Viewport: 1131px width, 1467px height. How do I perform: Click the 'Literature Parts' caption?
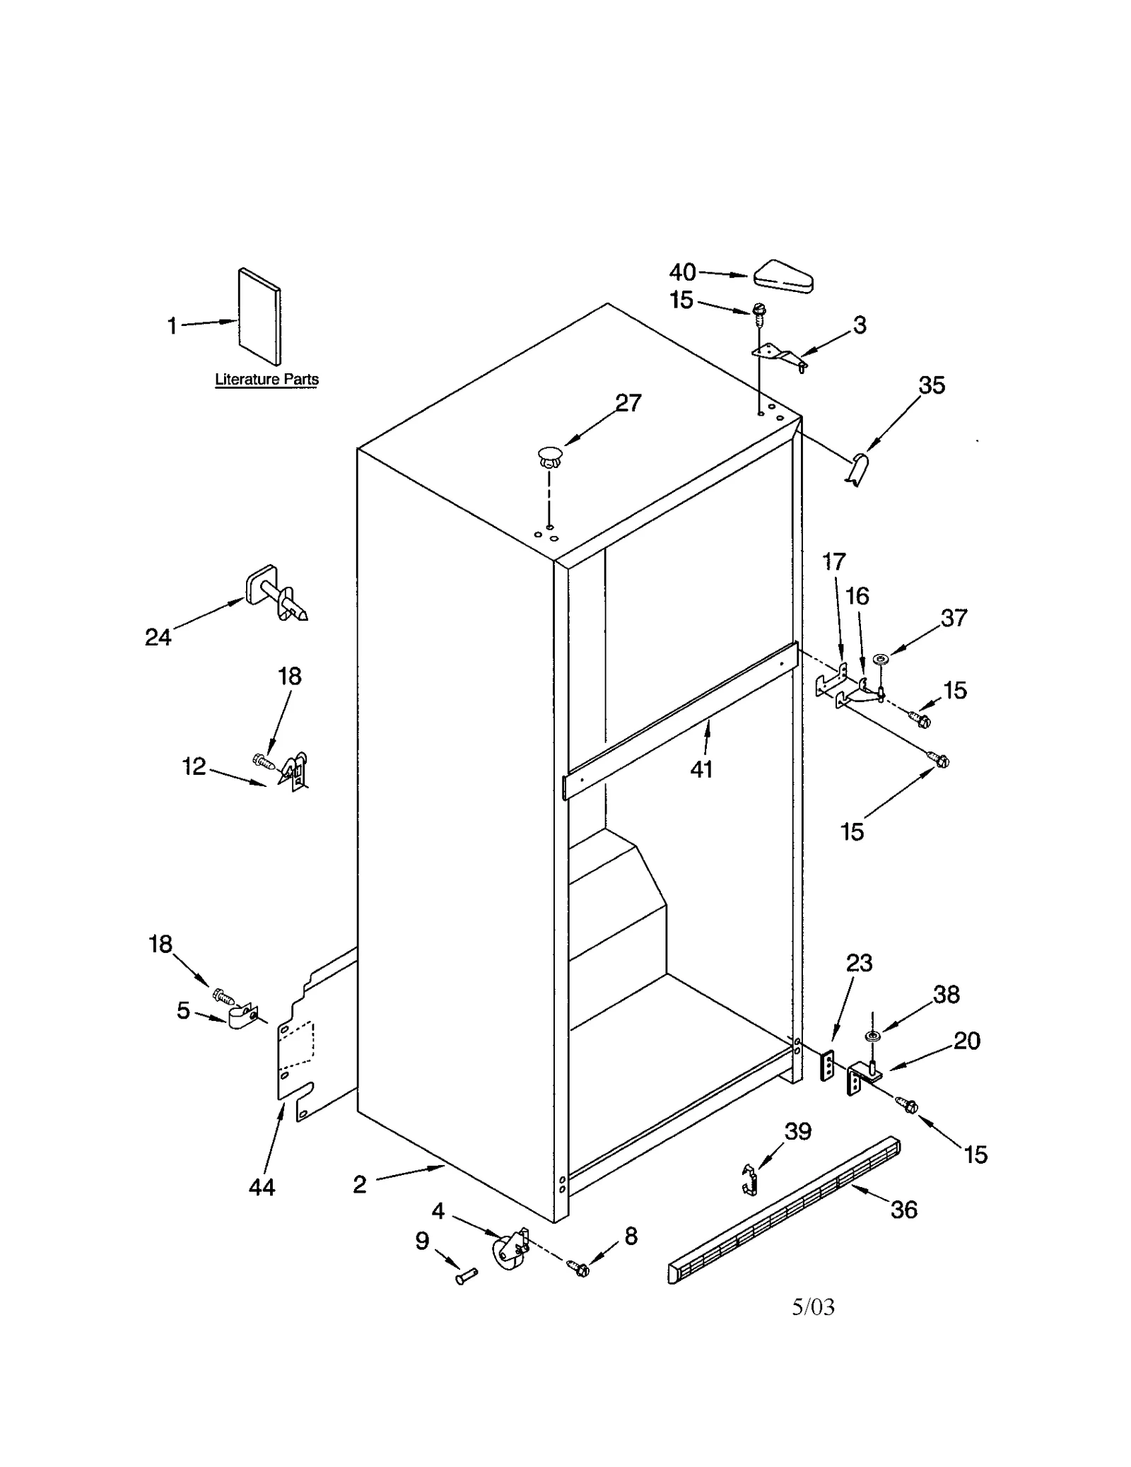266,379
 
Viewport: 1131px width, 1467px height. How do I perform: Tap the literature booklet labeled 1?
259,316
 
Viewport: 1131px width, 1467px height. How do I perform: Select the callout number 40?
682,272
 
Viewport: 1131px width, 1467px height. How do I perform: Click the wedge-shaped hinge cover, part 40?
783,276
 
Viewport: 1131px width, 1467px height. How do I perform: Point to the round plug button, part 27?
550,456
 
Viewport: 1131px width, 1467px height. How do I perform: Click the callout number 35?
932,385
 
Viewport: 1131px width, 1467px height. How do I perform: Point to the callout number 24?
158,638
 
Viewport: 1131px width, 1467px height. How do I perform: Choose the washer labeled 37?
880,659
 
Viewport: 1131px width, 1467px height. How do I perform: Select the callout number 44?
262,1187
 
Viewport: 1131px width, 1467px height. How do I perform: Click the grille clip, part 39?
749,1180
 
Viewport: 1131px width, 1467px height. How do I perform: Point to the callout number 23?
860,963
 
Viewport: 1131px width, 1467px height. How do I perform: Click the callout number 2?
360,1185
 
